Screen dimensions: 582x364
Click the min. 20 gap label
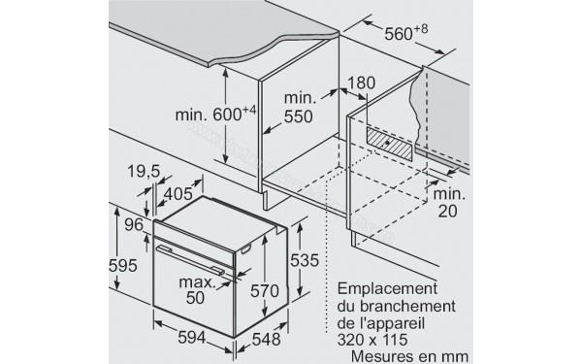447,201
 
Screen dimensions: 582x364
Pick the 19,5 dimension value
143,172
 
